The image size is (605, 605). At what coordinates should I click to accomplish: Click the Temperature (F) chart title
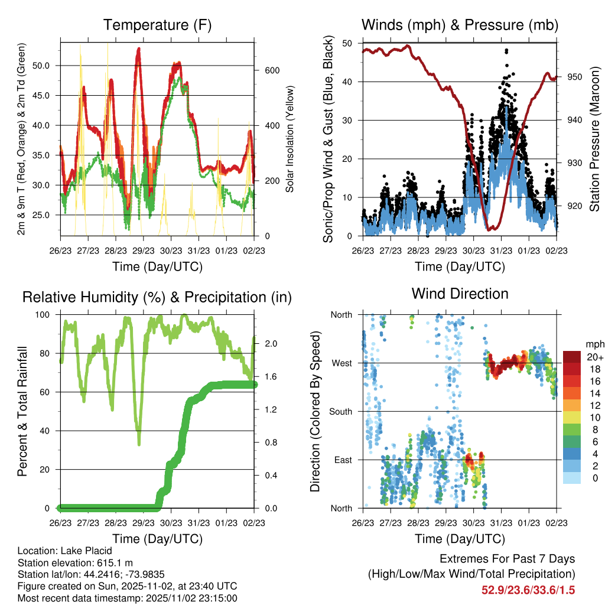tap(157, 25)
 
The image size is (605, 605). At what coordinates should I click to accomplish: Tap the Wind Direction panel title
tap(460, 293)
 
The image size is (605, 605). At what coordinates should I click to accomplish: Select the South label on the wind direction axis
tap(341, 411)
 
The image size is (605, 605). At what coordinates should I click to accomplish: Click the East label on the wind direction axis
tap(343, 460)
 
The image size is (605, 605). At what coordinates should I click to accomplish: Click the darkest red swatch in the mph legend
tap(571, 357)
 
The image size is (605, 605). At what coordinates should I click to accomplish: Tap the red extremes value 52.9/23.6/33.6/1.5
tap(528, 590)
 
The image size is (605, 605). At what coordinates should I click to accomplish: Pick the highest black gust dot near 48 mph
tap(506, 51)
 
